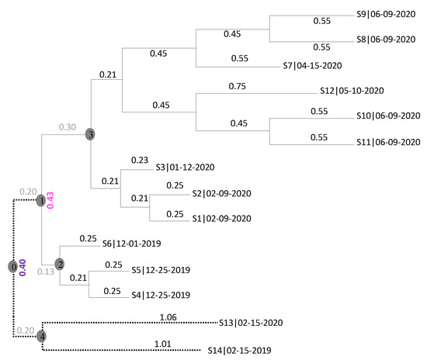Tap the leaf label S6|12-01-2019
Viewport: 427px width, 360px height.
pos(138,244)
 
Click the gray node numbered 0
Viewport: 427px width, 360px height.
pos(12,266)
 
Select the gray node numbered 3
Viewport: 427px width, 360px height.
pos(90,135)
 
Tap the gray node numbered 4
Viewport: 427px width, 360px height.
pos(41,336)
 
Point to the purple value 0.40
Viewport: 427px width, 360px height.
pos(23,267)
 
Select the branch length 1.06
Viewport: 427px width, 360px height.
pos(166,317)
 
